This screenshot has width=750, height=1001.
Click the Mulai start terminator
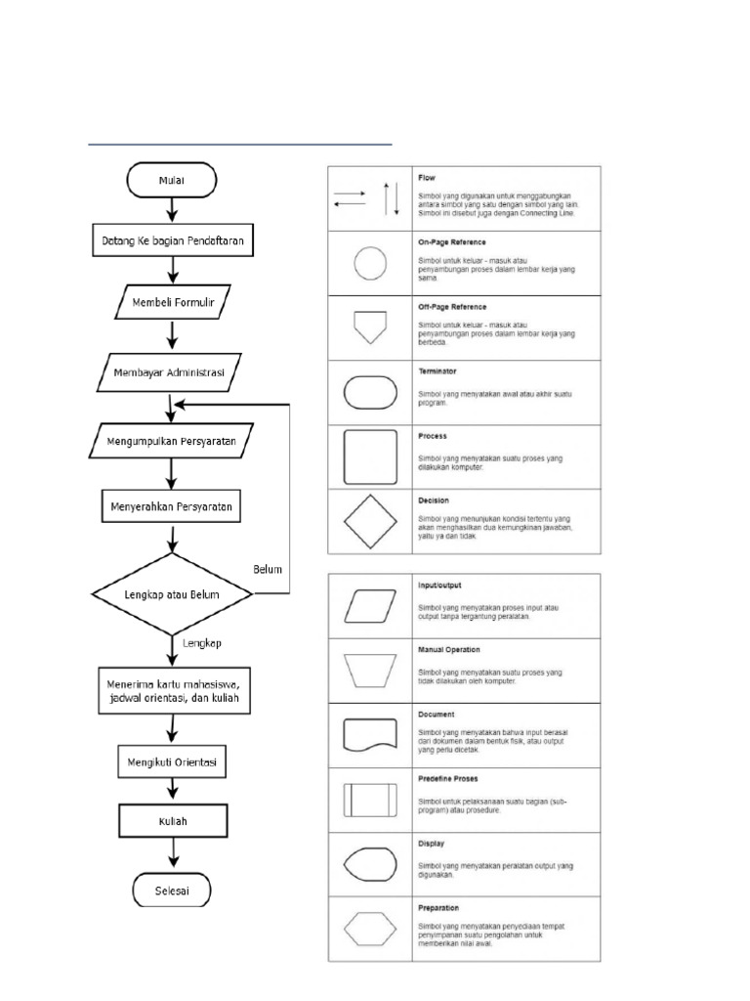tap(172, 180)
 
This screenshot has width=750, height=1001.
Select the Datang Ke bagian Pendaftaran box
tap(172, 239)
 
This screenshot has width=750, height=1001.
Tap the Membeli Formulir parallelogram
tap(172, 303)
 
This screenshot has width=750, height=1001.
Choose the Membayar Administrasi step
tap(172, 372)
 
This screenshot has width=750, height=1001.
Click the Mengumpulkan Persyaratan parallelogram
tap(172, 440)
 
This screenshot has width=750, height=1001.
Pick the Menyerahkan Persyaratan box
tap(172, 506)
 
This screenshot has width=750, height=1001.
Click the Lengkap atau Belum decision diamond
tap(172, 593)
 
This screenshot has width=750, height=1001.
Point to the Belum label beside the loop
tap(269, 568)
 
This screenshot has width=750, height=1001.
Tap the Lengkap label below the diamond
tap(203, 643)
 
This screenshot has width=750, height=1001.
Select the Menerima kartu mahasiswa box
tap(172, 691)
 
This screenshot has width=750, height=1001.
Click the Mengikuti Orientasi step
tap(172, 760)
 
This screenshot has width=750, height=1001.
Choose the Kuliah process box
tap(172, 820)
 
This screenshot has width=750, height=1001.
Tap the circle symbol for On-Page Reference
tap(370, 263)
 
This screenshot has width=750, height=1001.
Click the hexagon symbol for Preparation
tap(370, 928)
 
